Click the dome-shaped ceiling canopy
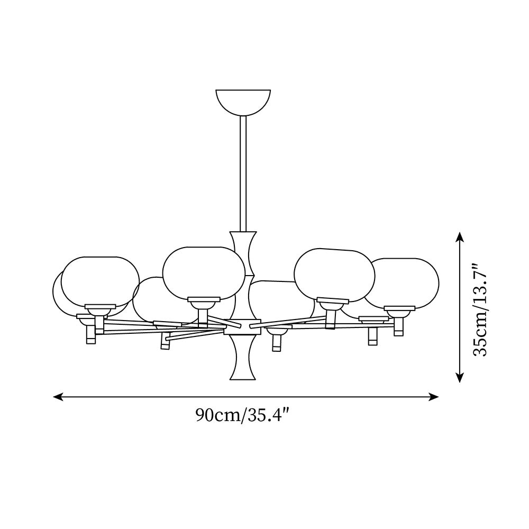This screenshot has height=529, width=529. point(243,101)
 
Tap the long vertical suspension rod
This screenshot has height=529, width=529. point(243,174)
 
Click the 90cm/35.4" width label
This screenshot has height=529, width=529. point(243,415)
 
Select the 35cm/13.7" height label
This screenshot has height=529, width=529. point(479,309)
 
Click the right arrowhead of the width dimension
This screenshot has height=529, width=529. point(434,397)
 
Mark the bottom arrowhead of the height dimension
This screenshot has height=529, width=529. point(459,377)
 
